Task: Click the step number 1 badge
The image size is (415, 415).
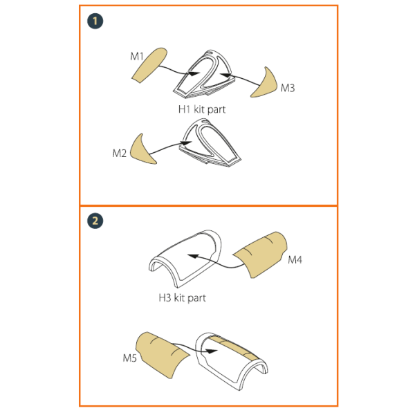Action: [x=95, y=21]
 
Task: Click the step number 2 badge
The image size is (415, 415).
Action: [x=95, y=221]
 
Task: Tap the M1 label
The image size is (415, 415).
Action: [x=136, y=57]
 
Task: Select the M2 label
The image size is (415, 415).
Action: [x=120, y=154]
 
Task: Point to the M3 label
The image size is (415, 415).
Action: [x=288, y=88]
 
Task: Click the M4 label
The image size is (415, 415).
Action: [x=295, y=259]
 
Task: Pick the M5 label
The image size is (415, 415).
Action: [x=130, y=358]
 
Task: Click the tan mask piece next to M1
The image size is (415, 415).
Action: [x=149, y=66]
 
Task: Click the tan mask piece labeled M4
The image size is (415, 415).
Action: [x=261, y=255]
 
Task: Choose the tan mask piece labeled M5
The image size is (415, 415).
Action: [x=162, y=355]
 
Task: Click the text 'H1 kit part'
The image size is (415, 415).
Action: [x=202, y=109]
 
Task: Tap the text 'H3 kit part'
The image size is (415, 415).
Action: [x=182, y=298]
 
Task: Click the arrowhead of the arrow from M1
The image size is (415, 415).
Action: [x=193, y=73]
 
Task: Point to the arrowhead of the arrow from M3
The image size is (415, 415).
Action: [x=225, y=75]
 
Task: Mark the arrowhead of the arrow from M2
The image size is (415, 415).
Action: [x=185, y=143]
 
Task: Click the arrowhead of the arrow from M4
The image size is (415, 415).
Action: [x=193, y=256]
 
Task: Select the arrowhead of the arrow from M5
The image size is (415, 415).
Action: [x=211, y=351]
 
